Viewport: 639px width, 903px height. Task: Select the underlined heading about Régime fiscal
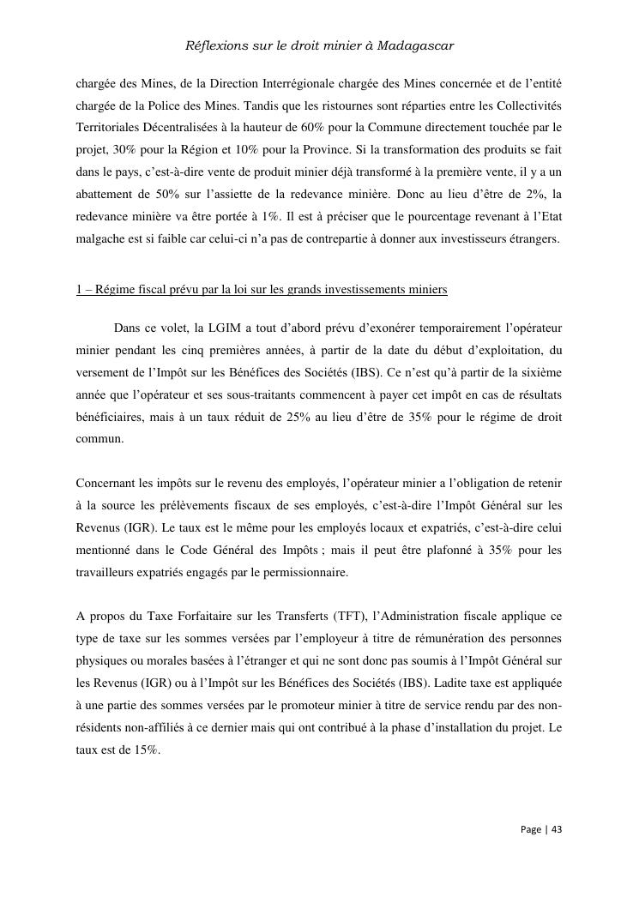click(262, 289)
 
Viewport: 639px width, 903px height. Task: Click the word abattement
click(104, 195)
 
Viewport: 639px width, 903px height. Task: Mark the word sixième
click(539, 371)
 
